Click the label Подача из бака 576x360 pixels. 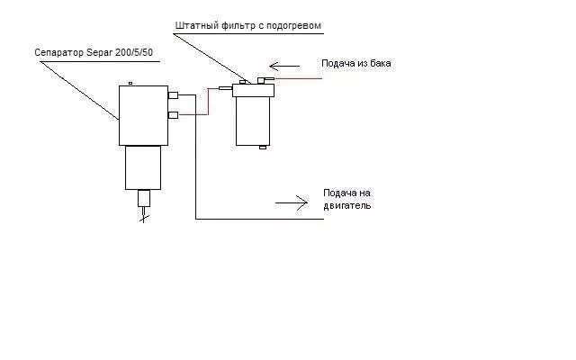pos(357,63)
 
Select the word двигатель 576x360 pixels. pos(346,206)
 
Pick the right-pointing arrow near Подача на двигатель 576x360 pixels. pos(292,202)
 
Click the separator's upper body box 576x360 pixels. pos(142,115)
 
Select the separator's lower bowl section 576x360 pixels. pos(141,167)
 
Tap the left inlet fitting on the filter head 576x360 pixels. pos(226,87)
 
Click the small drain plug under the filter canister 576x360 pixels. pos(262,147)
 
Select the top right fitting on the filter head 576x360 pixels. pos(264,80)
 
